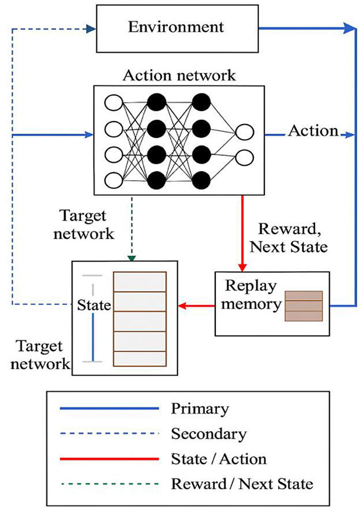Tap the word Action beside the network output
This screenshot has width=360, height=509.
point(312,131)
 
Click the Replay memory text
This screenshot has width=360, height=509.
point(252,295)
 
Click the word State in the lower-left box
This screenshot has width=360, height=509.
point(93,305)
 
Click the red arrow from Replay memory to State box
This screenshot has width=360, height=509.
point(196,306)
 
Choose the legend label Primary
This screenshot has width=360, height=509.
point(200,409)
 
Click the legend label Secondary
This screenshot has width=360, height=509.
point(208,433)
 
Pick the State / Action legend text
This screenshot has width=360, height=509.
point(219,459)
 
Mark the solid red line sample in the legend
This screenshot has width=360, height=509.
point(108,459)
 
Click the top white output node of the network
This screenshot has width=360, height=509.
point(245,133)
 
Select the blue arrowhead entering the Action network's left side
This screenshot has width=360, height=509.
point(89,135)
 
